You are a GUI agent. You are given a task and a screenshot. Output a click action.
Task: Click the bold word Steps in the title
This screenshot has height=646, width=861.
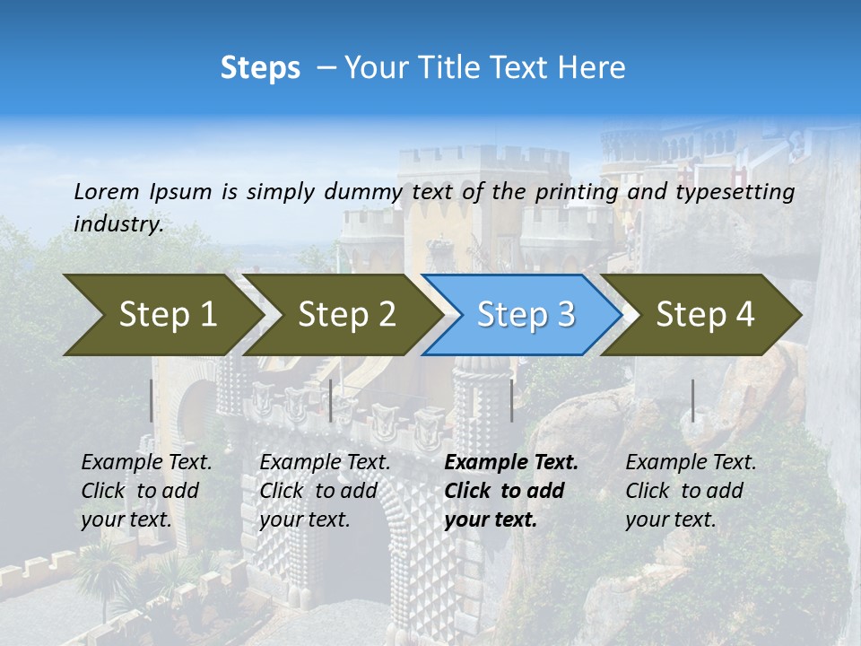tap(260, 67)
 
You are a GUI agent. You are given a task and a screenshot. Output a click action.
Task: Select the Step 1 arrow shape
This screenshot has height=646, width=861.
tap(161, 315)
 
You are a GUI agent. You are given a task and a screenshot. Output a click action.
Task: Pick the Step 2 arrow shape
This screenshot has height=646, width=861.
tap(345, 315)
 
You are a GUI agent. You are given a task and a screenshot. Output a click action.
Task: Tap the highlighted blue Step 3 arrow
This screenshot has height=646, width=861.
tap(525, 315)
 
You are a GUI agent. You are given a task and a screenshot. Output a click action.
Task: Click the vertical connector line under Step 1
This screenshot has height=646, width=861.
tap(151, 400)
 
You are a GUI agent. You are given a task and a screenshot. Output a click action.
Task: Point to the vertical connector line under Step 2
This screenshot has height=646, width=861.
tap(331, 400)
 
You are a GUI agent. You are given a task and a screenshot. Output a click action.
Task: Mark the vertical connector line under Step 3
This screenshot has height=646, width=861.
tap(511, 400)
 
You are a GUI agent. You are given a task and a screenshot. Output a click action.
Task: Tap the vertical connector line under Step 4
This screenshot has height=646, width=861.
tap(692, 400)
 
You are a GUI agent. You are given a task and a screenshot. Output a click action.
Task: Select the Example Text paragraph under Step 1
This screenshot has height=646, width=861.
tap(146, 490)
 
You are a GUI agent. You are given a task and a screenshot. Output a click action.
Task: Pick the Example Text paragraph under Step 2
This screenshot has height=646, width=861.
tap(325, 490)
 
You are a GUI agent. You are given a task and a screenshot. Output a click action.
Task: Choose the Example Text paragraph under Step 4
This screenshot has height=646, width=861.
tap(691, 490)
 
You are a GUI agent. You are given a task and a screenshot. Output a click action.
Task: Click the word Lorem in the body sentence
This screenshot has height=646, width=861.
tap(107, 191)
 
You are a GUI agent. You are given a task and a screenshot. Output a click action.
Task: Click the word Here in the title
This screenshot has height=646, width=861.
tap(593, 67)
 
